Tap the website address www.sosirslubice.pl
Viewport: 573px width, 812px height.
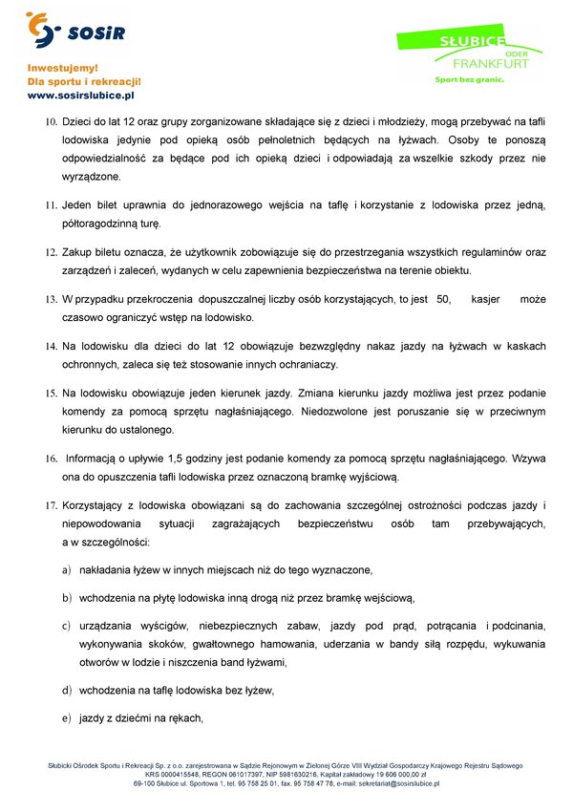tap(80, 96)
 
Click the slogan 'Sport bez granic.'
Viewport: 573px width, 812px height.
tap(469, 80)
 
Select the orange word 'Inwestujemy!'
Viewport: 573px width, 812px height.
tap(63, 68)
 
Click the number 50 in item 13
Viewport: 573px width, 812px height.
tap(442, 300)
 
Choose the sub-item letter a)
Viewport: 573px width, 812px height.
tap(67, 570)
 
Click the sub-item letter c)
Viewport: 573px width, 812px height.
tap(67, 626)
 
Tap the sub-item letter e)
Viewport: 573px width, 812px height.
tap(67, 717)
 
